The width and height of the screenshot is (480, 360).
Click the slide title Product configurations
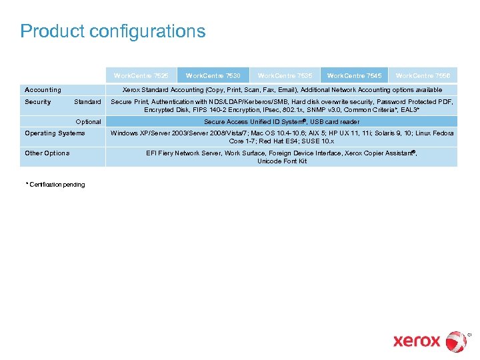coord(113,31)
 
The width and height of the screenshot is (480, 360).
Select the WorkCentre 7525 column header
coord(141,76)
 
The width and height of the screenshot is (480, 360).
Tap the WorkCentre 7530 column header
coord(213,76)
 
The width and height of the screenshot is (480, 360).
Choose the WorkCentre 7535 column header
coord(285,76)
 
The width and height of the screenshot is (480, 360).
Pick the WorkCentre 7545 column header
coord(354,76)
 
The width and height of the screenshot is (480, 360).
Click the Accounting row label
coord(43,90)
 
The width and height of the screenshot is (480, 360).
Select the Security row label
coord(38,102)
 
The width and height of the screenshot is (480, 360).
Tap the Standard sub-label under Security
coord(87,102)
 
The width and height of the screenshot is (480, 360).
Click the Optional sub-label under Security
coord(89,122)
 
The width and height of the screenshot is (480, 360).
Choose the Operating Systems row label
coord(55,133)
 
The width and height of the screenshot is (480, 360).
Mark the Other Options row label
coord(47,153)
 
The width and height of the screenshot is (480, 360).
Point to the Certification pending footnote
coord(55,185)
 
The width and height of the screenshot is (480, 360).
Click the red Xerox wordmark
coord(417,341)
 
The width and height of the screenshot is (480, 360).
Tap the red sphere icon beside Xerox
coord(457,341)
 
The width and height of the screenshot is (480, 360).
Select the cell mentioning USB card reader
coord(281,122)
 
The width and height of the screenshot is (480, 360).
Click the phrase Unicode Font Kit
coord(282,161)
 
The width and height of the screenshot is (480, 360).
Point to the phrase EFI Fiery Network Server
coord(183,153)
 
